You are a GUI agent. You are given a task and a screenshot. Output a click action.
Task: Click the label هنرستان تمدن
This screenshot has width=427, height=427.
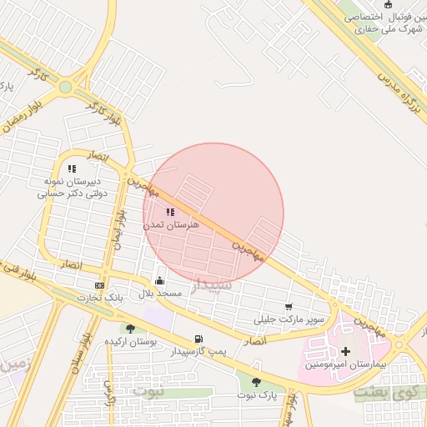click(x=170, y=225)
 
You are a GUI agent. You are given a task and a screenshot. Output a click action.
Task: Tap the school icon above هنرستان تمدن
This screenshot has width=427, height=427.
click(x=170, y=213)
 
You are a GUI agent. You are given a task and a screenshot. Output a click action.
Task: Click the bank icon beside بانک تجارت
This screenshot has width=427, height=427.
click(x=100, y=285)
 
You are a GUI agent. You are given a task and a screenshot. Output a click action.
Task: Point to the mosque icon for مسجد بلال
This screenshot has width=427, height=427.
click(x=159, y=281)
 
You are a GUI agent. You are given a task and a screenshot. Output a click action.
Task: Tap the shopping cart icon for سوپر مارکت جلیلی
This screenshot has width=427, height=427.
click(x=289, y=307)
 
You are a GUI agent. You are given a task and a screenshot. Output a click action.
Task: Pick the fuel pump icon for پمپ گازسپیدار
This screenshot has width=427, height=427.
click(x=198, y=339)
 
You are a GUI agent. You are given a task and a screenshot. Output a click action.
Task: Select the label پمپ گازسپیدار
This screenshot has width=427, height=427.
click(x=198, y=352)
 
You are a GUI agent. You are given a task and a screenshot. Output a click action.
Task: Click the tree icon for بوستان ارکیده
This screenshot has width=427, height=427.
click(x=130, y=329)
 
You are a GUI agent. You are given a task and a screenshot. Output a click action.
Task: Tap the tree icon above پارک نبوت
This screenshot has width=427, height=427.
click(x=255, y=381)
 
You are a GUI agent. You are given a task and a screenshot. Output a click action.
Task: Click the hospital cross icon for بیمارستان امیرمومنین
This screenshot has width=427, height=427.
click(x=345, y=351)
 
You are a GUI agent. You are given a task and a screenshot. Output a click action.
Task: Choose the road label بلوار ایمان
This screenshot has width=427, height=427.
click(x=119, y=229)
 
